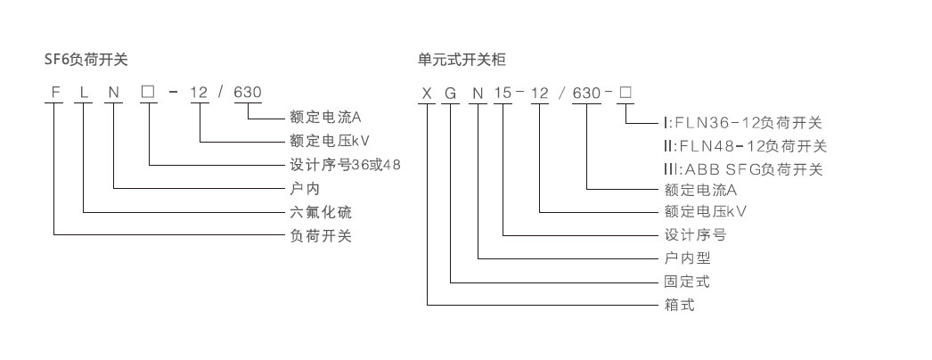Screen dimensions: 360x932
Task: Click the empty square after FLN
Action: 148,92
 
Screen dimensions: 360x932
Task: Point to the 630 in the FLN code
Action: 247,92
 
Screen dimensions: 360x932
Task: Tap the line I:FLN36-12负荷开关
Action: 742,123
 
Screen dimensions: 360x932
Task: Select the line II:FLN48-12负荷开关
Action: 745,146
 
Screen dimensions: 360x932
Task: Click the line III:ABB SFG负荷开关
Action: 742,169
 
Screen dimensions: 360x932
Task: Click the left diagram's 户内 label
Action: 294,189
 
